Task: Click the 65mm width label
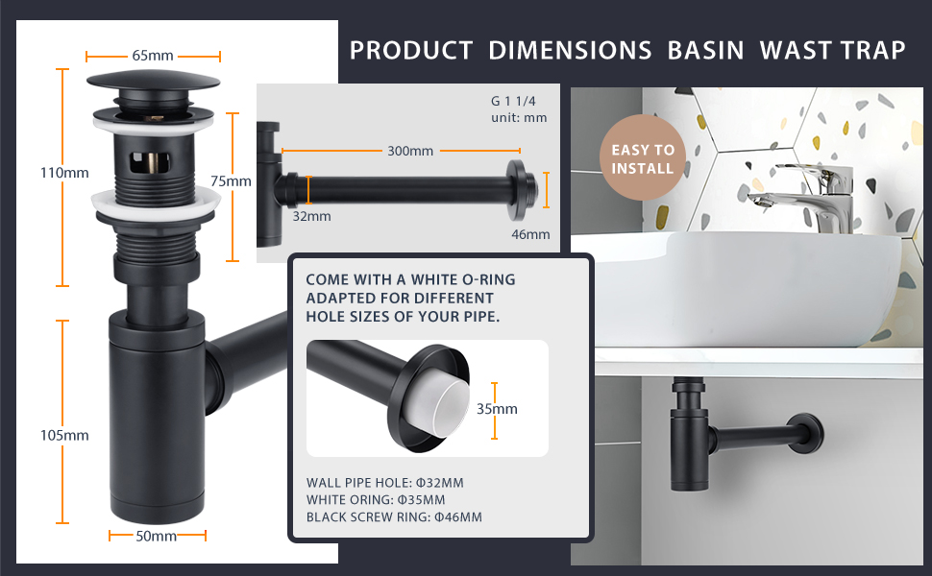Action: [153, 56]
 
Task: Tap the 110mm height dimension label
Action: [64, 173]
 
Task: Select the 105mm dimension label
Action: [64, 435]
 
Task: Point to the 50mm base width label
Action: [157, 537]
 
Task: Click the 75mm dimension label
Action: [231, 181]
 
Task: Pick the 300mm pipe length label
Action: [410, 151]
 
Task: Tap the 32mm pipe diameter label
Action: [311, 216]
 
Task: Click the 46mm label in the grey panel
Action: [530, 234]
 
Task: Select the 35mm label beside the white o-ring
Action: [497, 409]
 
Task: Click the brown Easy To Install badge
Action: [643, 158]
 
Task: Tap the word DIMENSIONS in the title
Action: [570, 51]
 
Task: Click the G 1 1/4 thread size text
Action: [513, 101]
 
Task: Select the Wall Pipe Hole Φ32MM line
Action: [384, 483]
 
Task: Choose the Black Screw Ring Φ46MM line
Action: [394, 517]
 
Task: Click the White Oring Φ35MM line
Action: [376, 500]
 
